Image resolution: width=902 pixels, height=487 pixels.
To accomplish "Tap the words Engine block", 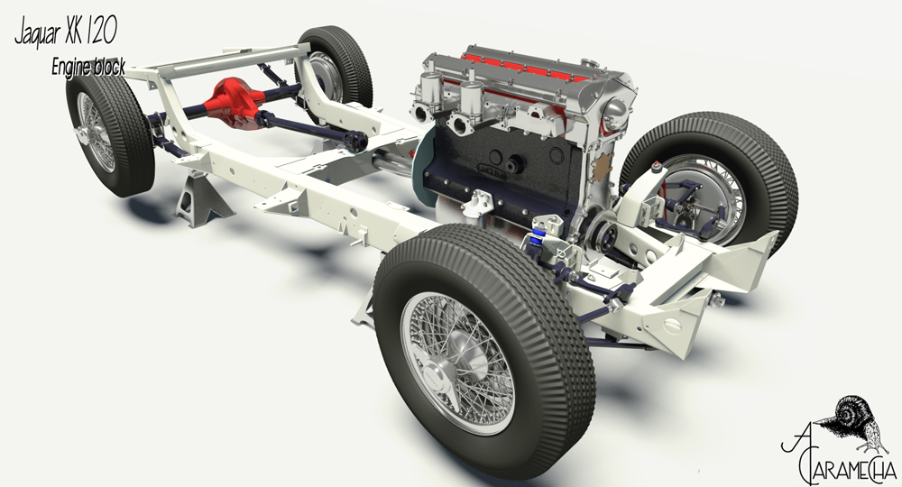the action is point(88,67).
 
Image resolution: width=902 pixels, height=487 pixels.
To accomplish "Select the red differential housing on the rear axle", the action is point(233,104).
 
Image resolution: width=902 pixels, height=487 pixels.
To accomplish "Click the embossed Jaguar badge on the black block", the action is point(491,170).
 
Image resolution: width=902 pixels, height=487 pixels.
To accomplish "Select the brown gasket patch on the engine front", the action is point(602,166).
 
